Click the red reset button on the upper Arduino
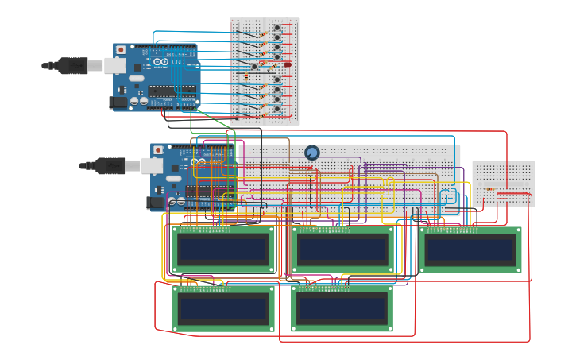click(x=121, y=50)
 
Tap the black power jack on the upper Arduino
click(x=119, y=102)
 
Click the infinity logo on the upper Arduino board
click(x=160, y=62)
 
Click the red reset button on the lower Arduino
click(x=158, y=149)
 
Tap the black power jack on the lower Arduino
click(x=157, y=203)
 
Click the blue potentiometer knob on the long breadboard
click(x=312, y=152)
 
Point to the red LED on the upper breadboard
click(x=287, y=64)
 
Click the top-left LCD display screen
click(x=223, y=250)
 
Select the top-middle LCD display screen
click(x=342, y=250)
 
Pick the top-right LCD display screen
click(x=470, y=250)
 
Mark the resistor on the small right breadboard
click(x=490, y=188)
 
